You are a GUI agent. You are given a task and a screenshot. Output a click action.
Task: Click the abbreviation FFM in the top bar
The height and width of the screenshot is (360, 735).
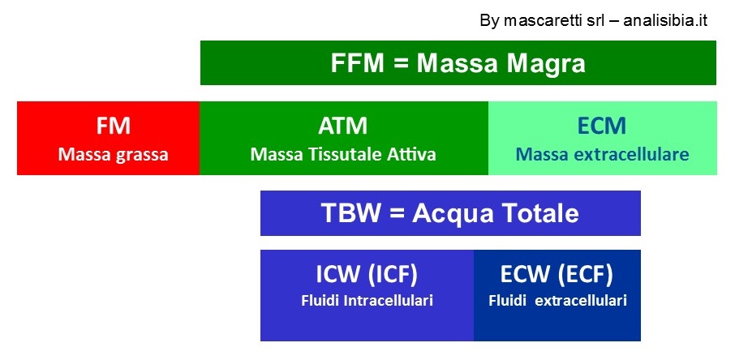[357, 62]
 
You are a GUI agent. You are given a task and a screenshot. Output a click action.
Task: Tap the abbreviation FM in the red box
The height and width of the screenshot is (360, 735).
[113, 126]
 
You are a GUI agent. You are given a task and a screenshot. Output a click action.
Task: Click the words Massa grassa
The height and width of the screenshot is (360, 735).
[113, 155]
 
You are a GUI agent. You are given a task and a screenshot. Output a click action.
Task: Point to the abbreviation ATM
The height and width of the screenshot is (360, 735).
[342, 126]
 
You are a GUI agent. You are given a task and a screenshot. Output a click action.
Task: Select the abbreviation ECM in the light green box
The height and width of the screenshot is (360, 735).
[602, 126]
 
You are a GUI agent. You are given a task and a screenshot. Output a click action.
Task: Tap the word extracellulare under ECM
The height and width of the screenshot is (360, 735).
[626, 154]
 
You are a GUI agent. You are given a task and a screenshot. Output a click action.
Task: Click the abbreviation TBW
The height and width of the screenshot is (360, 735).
[350, 213]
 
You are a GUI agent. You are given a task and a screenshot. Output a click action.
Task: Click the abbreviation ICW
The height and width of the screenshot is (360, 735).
[339, 275]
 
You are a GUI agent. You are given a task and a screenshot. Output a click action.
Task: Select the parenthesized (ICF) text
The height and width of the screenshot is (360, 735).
[393, 276]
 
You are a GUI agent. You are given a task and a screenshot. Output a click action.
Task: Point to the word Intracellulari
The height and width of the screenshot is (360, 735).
[388, 301]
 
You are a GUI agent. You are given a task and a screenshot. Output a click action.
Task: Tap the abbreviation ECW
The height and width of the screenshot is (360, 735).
[526, 275]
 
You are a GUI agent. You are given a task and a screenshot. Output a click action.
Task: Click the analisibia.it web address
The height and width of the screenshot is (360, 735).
[665, 20]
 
